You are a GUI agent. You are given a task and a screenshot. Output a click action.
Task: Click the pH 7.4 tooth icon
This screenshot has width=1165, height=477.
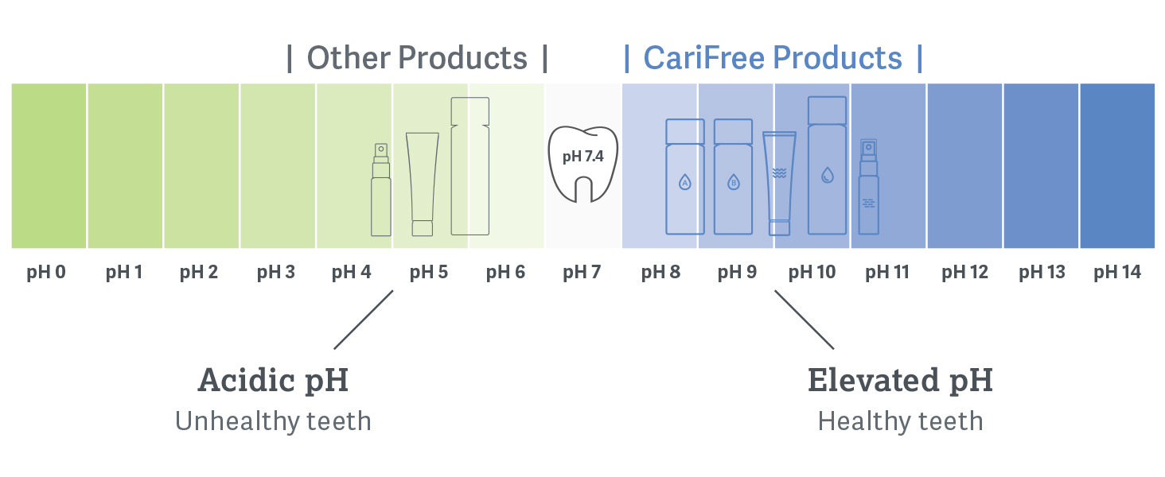(x=583, y=164)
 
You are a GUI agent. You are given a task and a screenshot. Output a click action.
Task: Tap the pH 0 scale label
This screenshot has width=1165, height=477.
(x=46, y=272)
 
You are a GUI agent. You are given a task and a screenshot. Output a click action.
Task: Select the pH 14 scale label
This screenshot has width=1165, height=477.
(x=1117, y=272)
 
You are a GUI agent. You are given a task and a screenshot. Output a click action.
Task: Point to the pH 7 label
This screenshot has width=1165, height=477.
(x=582, y=272)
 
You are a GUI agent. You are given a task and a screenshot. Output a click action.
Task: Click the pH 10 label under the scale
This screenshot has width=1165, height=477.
(x=812, y=272)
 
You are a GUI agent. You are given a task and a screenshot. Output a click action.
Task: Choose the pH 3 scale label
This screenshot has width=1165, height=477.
(x=276, y=272)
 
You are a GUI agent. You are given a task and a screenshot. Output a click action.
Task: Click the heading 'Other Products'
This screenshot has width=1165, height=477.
(x=417, y=58)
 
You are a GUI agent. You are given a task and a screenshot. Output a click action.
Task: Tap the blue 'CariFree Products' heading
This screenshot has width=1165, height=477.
(x=773, y=58)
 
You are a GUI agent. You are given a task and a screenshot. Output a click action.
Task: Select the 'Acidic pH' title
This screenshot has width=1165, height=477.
(x=273, y=380)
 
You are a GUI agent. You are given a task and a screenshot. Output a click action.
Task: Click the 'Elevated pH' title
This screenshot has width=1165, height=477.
(x=900, y=380)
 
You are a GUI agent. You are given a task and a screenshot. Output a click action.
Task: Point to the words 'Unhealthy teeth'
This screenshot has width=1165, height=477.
(x=273, y=421)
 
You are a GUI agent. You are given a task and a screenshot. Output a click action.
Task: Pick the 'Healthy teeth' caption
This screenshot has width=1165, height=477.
(x=900, y=421)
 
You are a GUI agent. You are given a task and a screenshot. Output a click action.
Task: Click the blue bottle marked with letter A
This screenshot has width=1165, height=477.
(x=685, y=176)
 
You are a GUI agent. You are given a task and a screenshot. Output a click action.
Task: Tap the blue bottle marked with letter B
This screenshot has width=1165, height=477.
(x=734, y=176)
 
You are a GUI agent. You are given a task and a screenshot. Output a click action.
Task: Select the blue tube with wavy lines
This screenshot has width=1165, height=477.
(x=779, y=184)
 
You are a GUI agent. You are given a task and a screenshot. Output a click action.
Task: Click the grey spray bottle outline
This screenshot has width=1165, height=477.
(x=380, y=190)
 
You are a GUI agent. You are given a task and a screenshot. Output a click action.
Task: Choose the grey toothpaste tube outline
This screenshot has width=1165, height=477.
(x=423, y=184)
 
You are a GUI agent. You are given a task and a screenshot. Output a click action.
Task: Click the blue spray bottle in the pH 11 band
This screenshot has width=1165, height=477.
(x=868, y=187)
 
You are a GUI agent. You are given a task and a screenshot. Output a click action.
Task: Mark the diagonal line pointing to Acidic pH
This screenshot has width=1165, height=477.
(x=364, y=320)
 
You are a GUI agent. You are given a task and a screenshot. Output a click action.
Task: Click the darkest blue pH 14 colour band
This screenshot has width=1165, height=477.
(x=1117, y=165)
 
